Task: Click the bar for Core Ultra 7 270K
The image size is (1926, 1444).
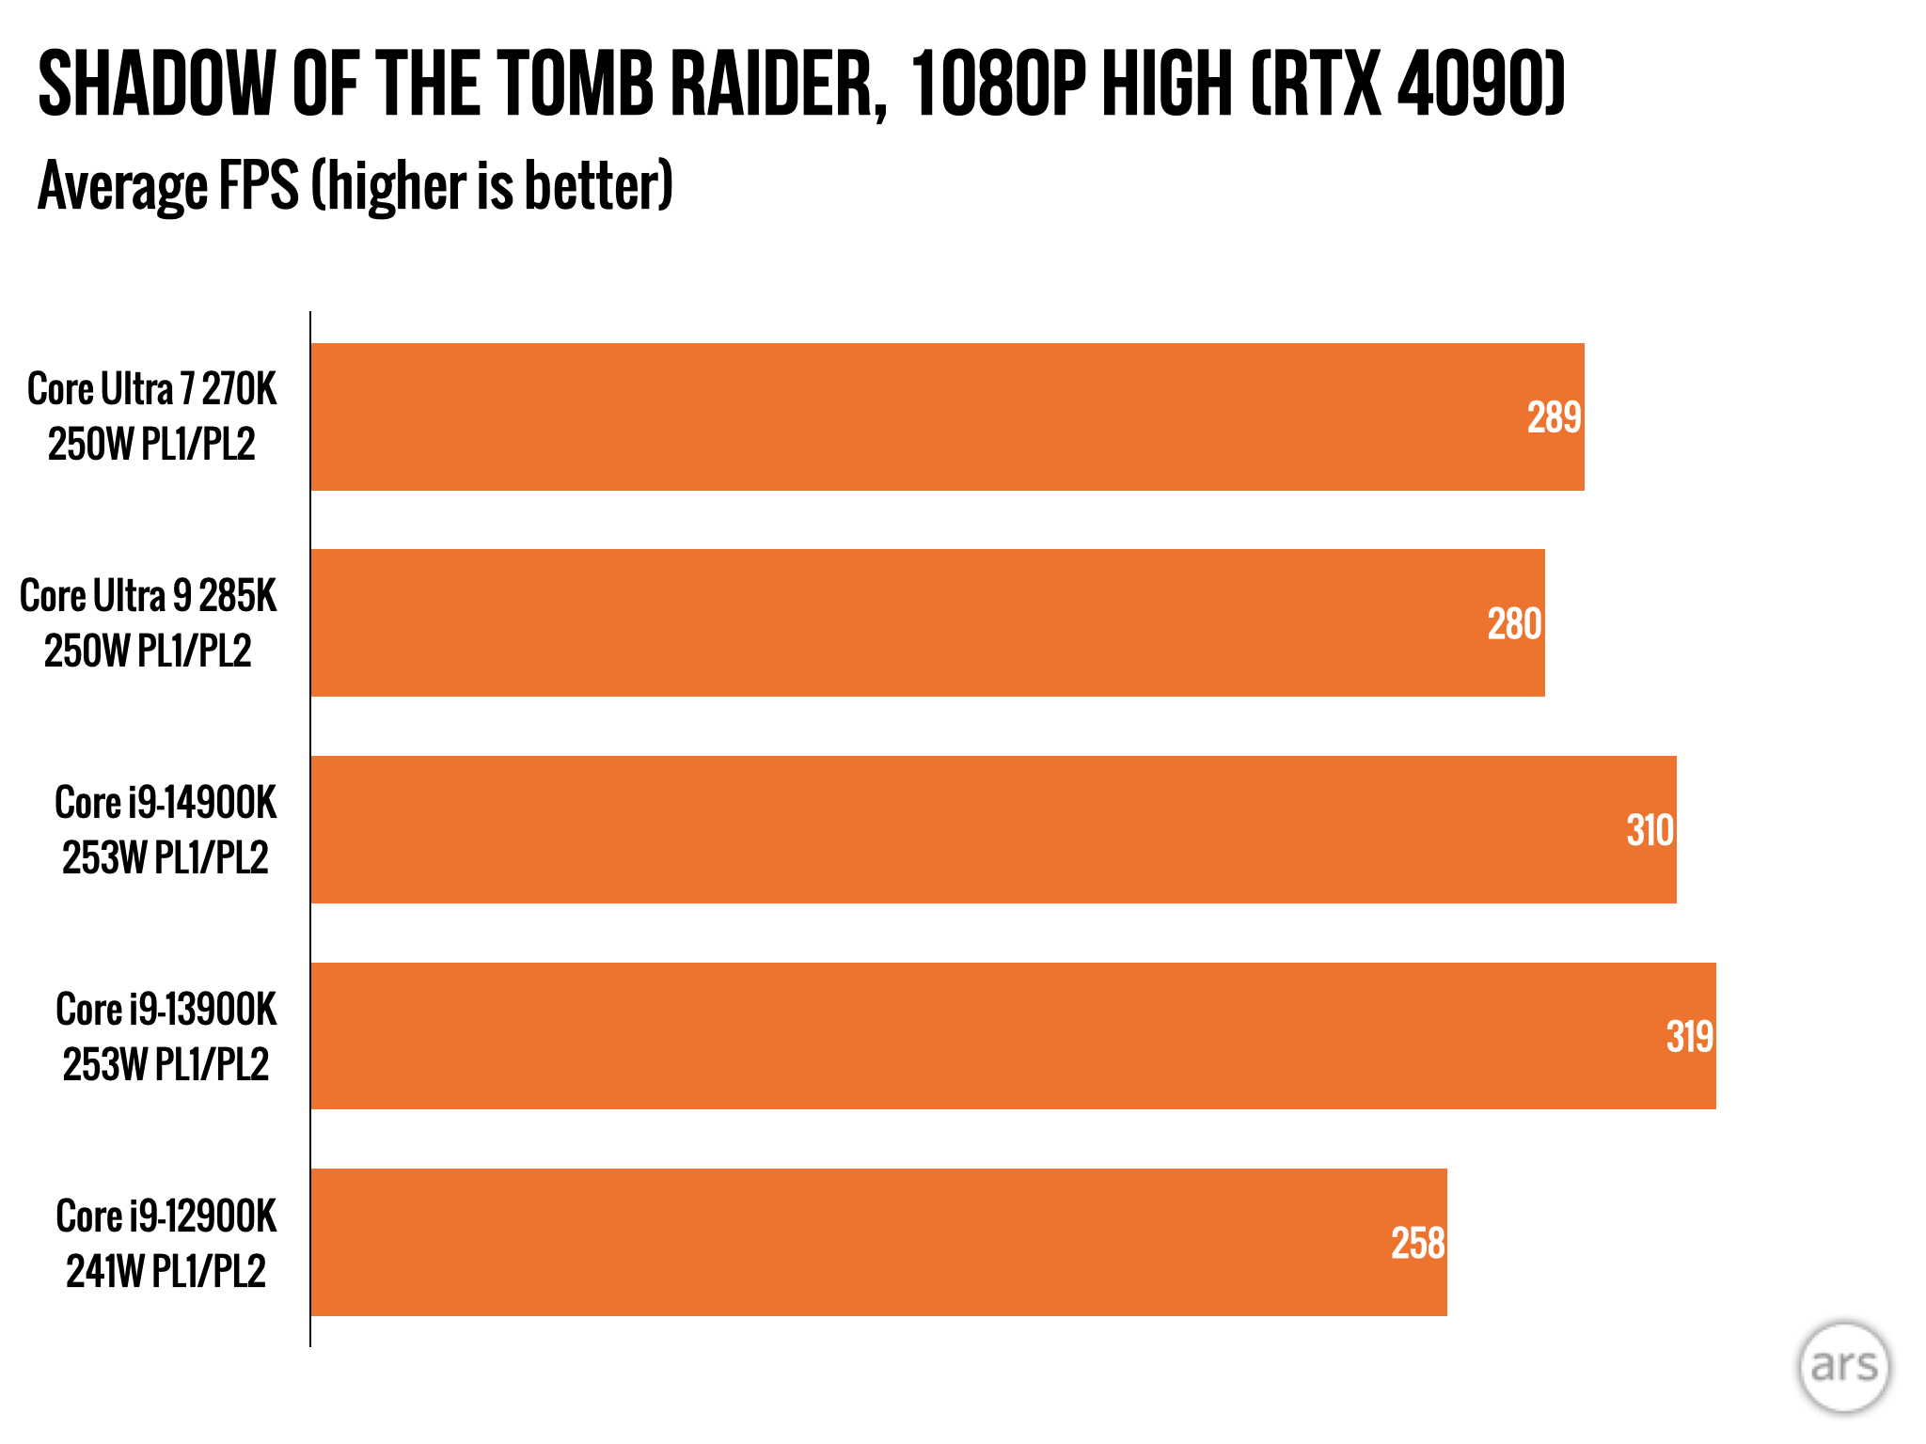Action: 940,416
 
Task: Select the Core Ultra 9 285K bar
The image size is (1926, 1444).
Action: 922,622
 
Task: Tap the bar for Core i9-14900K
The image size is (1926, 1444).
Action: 987,829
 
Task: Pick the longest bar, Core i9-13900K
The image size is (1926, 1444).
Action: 1006,1035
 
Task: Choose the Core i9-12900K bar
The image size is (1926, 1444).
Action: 875,1242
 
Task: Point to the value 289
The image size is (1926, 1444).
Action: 1554,417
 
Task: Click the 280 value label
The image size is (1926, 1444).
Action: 1514,624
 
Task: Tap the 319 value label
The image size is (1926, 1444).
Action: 1689,1037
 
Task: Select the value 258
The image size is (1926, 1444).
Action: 1417,1244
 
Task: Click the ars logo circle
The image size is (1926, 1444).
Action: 1843,1366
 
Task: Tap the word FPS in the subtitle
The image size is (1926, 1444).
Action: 258,185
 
